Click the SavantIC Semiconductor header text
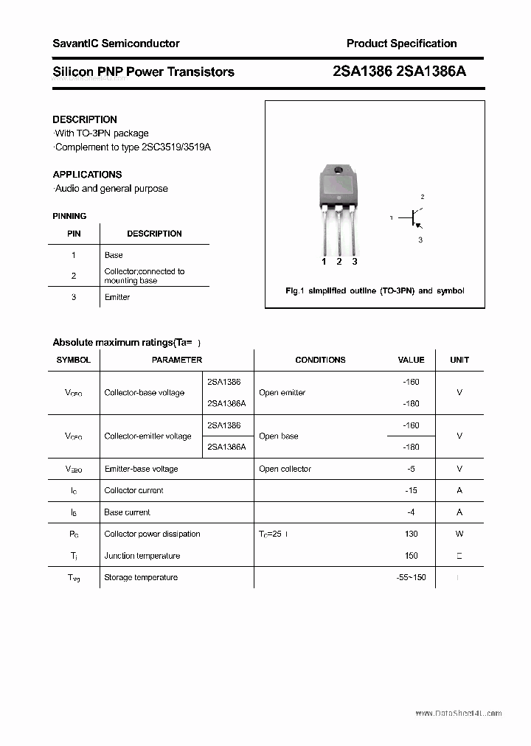tap(116, 43)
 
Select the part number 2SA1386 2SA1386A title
tap(399, 72)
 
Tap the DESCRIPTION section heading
tap(85, 119)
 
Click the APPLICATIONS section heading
tap(87, 175)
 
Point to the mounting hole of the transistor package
tap(339, 171)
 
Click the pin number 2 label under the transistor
tap(339, 262)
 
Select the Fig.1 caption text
tap(375, 291)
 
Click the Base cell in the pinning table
tap(114, 255)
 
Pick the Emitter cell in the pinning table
tap(117, 297)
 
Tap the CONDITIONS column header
tap(320, 360)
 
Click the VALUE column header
tap(411, 360)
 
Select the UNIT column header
tap(459, 360)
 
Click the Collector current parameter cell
tap(133, 490)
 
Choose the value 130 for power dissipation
tap(411, 534)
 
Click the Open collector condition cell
tap(285, 469)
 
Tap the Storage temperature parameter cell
tap(141, 577)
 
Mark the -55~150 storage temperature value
tap(411, 577)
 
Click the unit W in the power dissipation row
tap(459, 534)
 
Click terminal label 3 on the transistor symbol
tap(420, 240)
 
